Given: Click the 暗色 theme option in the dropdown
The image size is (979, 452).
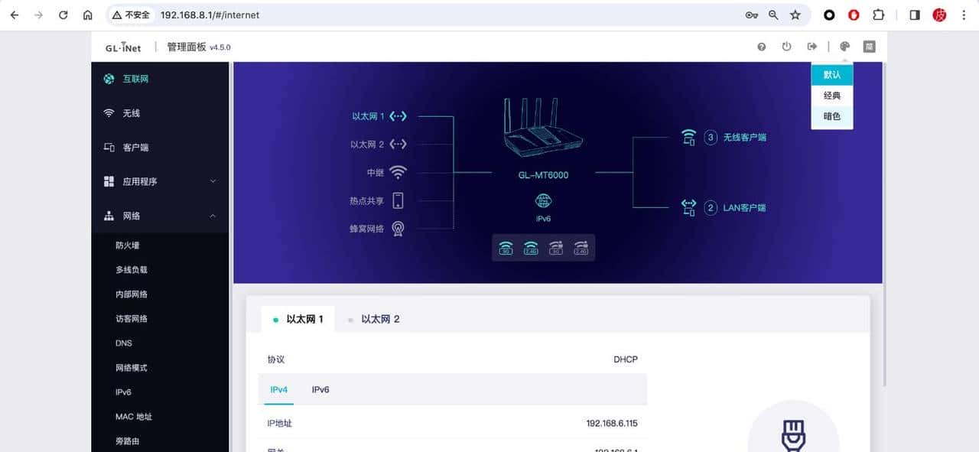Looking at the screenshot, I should [x=831, y=116].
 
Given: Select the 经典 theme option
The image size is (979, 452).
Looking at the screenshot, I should [x=831, y=96].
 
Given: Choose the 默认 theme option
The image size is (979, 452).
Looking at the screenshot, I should [x=831, y=75].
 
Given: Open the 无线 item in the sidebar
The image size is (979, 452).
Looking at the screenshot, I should [x=132, y=113].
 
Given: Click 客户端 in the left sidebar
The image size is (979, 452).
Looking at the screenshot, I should [x=135, y=148].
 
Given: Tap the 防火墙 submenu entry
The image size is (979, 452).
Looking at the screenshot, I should [x=127, y=246].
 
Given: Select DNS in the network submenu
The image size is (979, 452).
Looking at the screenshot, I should [x=124, y=343].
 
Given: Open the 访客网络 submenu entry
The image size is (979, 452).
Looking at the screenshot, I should [x=132, y=319].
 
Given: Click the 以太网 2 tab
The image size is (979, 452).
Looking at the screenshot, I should [x=380, y=319].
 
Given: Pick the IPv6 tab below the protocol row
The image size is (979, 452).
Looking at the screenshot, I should [x=320, y=390].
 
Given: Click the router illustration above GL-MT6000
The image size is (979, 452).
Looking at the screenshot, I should [x=543, y=130].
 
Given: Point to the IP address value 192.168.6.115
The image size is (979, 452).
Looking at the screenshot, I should [x=612, y=423].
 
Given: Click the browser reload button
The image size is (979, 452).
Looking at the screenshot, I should [x=63, y=15].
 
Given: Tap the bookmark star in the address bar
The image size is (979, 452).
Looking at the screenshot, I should [x=795, y=15].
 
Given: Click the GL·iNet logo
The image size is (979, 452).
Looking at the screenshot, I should [x=123, y=47].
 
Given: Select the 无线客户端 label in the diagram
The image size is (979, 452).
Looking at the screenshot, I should [x=744, y=138].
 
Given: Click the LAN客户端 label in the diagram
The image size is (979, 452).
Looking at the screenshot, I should [x=744, y=207].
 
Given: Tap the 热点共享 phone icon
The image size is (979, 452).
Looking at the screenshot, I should [x=398, y=200].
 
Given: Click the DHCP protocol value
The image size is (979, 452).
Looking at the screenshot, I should [x=625, y=359].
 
